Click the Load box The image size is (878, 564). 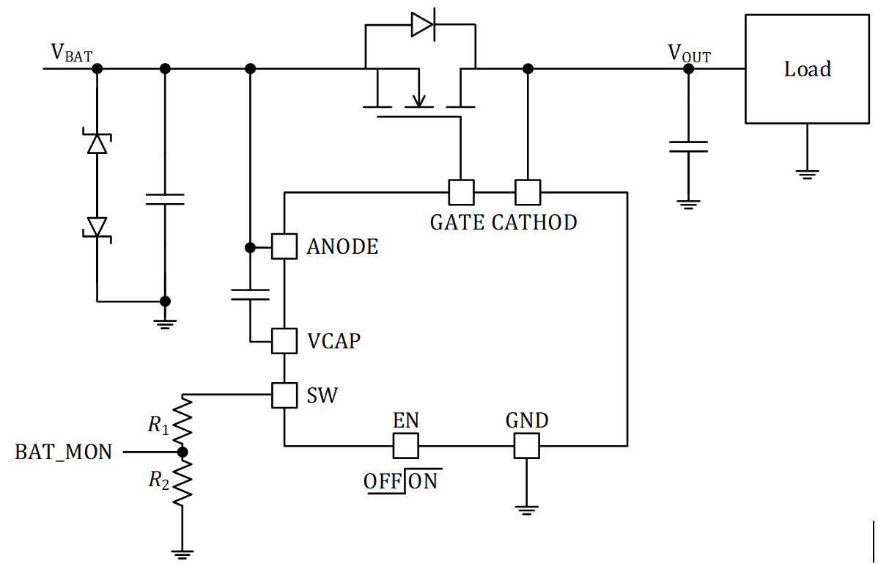(807, 69)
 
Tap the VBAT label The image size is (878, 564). (71, 53)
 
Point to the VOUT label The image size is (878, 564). (689, 53)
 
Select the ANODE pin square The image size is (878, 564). (284, 246)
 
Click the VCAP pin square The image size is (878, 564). (284, 341)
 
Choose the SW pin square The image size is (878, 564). (284, 395)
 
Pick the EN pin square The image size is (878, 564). (405, 444)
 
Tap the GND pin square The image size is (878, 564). (526, 444)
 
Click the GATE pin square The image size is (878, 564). (461, 192)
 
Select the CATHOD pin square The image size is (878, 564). (527, 192)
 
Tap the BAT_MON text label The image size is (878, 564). (64, 453)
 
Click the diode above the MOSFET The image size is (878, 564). (422, 25)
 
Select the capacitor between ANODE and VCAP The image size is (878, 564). (250, 294)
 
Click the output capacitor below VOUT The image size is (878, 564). (687, 147)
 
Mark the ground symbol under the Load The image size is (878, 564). (807, 174)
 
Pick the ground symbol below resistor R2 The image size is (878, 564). (182, 553)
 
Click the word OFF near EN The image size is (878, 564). (383, 482)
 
